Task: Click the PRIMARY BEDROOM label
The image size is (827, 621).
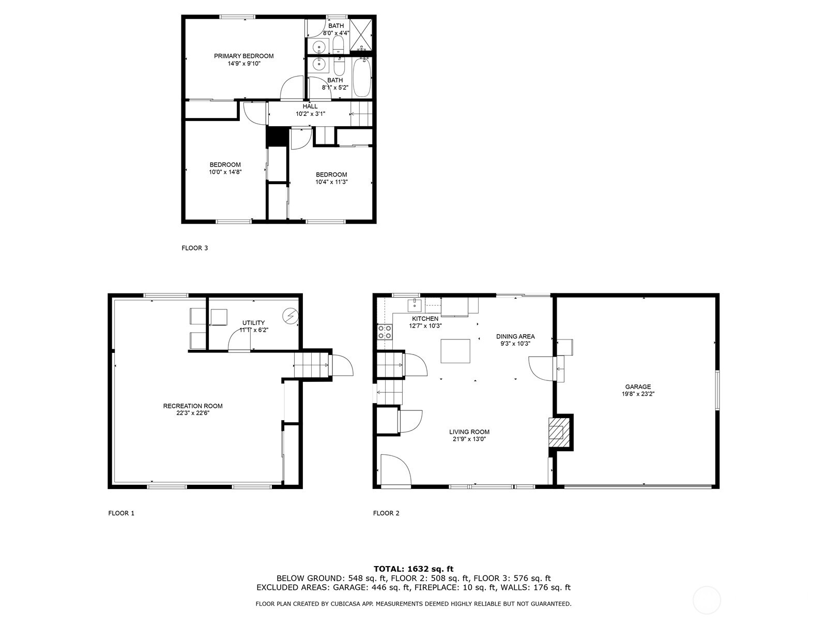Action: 243,56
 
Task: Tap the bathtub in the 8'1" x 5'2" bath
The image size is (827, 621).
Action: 362,77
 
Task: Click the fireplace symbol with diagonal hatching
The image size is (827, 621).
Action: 557,431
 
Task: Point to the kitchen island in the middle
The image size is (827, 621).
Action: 455,351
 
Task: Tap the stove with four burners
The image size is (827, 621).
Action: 385,331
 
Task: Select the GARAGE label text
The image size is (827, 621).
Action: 638,387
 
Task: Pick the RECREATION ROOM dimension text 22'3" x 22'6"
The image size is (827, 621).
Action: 192,413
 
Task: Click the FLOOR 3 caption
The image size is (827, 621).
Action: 194,248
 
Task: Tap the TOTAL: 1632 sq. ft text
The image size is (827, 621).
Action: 413,569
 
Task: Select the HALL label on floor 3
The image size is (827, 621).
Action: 310,106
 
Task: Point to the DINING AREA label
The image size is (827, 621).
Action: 515,336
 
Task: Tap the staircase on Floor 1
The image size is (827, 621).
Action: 312,365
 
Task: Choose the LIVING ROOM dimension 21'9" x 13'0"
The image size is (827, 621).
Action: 469,439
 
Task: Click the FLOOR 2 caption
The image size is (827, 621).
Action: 386,513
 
